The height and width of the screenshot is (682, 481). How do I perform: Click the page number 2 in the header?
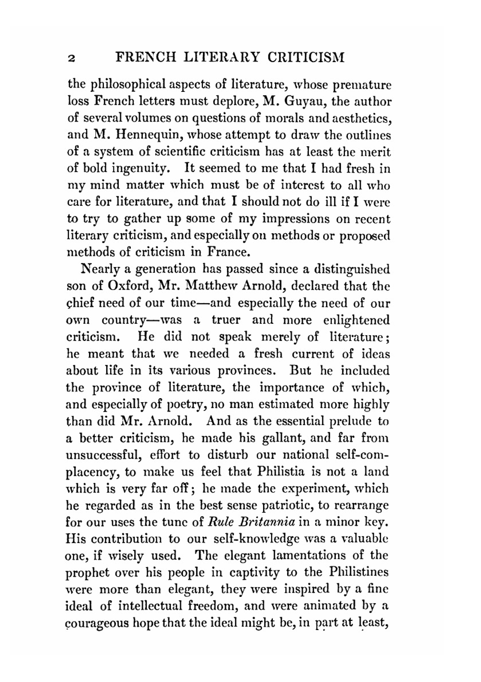coord(71,58)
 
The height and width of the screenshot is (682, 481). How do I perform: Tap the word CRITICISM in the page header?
coord(305,57)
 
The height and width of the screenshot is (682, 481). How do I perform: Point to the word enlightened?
coord(356,320)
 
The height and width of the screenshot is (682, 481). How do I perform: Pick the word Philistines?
coord(359,572)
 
